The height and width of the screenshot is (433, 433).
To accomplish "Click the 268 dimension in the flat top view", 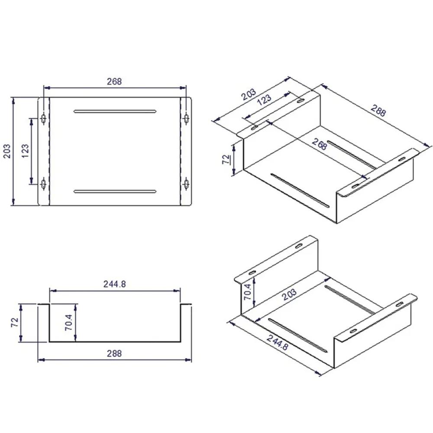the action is pyautogui.click(x=114, y=81).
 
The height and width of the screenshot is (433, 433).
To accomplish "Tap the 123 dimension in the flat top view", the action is pyautogui.click(x=25, y=151).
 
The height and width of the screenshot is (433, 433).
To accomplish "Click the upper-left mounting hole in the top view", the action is pyautogui.click(x=43, y=119).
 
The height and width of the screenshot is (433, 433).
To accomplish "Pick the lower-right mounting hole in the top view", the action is pyautogui.click(x=186, y=183).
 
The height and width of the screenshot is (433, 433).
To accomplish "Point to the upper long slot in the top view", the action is pyautogui.click(x=115, y=111).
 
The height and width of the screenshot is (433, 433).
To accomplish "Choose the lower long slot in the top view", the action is pyautogui.click(x=115, y=191).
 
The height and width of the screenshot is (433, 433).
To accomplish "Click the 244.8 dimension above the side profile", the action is pyautogui.click(x=115, y=284).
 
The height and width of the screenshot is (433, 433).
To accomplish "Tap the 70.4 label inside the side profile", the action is pyautogui.click(x=68, y=323).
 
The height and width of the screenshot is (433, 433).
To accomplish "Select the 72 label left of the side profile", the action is pyautogui.click(x=14, y=323).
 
